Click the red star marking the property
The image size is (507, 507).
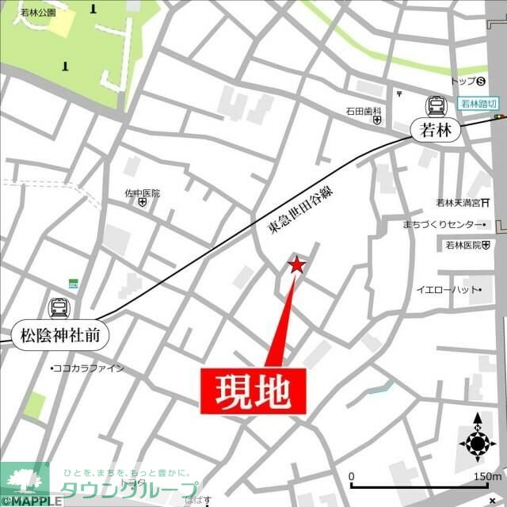point(297,265)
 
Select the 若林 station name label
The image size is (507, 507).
point(436,131)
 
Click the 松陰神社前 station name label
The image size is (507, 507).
point(59,335)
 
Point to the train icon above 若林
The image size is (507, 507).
point(436,105)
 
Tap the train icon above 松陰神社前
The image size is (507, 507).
point(59,307)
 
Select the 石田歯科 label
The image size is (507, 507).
point(364,111)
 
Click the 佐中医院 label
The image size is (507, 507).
point(142,193)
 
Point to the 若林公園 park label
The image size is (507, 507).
point(37,13)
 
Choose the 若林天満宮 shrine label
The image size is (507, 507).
point(464,201)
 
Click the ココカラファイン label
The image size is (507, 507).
point(89,368)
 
